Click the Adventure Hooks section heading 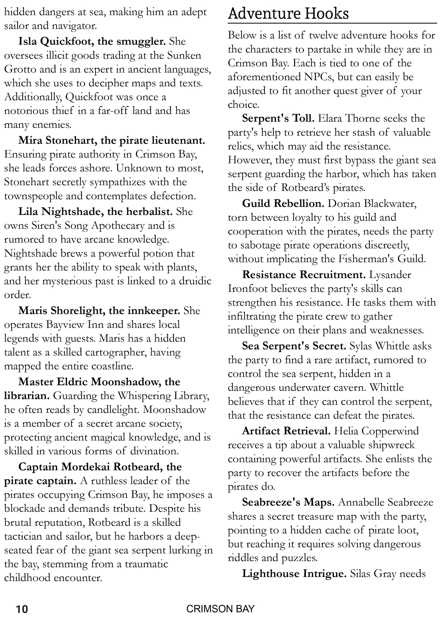tap(288, 14)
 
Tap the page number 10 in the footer tap(22, 609)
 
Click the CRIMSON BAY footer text tap(220, 609)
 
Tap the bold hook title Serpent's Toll tap(278, 118)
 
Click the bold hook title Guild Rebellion tap(283, 204)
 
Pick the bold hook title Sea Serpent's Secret tap(294, 346)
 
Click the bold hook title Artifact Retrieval tap(286, 431)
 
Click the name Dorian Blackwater tap(372, 204)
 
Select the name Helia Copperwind tap(377, 431)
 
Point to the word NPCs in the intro tap(312, 77)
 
